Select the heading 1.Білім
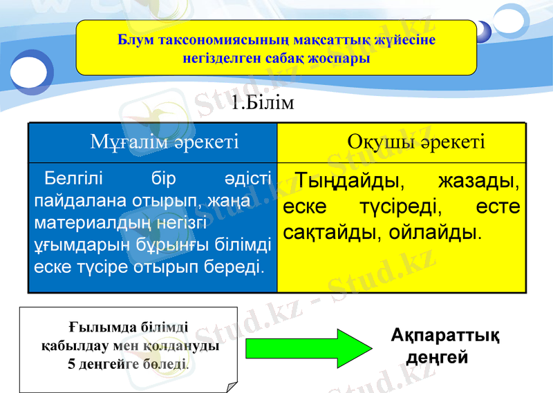tap(263, 104)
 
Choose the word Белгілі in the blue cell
tap(73, 180)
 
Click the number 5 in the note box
tap(71, 363)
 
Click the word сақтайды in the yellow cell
tap(326, 231)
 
